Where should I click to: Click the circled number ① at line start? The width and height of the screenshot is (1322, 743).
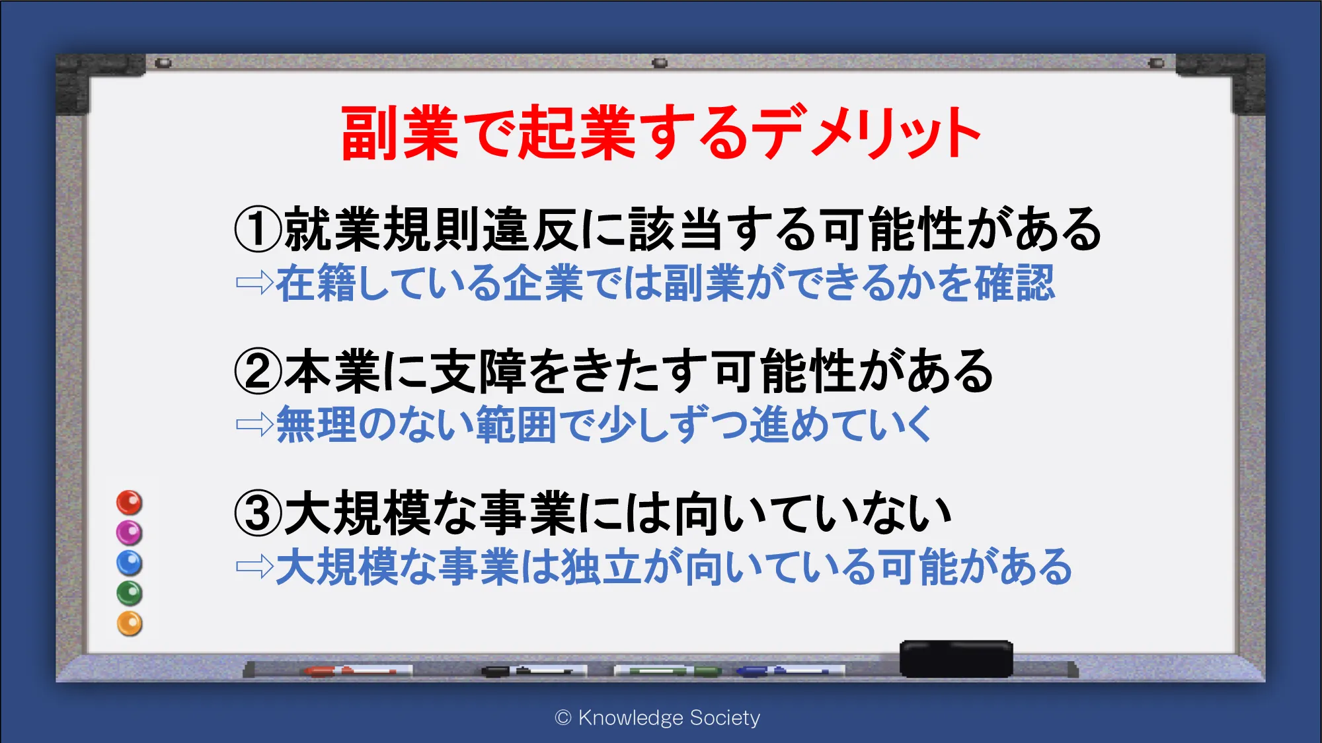[258, 229]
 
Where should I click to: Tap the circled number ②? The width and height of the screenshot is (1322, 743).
[258, 371]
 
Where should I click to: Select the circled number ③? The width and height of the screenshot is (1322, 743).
[258, 513]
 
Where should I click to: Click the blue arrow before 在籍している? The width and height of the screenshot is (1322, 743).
[255, 283]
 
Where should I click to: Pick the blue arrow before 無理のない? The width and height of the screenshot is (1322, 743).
[255, 424]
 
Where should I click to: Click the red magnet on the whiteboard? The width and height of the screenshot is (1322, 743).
[130, 503]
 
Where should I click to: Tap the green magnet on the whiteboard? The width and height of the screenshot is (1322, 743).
[130, 593]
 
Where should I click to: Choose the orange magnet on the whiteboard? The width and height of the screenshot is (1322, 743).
[130, 623]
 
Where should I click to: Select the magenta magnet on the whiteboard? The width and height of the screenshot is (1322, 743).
[130, 532]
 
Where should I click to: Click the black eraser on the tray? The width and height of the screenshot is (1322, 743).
[956, 658]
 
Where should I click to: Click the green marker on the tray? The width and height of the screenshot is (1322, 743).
[668, 671]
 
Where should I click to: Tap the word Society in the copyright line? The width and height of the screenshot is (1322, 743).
[725, 717]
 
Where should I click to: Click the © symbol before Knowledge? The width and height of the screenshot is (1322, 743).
[563, 717]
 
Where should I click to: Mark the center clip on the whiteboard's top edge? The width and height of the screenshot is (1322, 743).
[660, 63]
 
